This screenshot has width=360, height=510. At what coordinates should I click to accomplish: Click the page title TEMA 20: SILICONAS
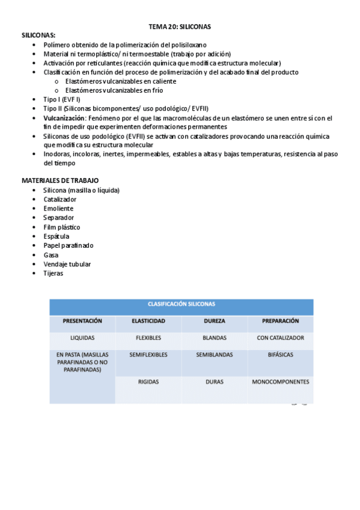(x=180, y=27)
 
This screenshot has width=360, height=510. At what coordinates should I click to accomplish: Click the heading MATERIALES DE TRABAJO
(x=60, y=180)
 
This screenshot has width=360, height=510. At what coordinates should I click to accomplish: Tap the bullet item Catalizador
(x=59, y=199)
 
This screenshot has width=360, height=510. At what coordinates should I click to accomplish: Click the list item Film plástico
(x=61, y=227)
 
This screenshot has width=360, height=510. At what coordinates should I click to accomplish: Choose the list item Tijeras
(x=53, y=273)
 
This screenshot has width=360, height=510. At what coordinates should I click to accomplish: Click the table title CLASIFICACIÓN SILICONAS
(x=181, y=304)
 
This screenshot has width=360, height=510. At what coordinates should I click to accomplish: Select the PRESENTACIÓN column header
(x=82, y=321)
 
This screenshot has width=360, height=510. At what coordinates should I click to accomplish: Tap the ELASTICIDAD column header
(x=148, y=321)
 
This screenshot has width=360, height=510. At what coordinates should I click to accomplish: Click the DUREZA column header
(x=214, y=321)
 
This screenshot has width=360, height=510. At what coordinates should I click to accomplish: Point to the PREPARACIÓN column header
(x=280, y=321)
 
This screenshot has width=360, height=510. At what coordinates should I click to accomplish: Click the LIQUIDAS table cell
(x=82, y=338)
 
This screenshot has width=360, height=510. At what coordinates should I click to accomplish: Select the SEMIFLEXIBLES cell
(x=148, y=355)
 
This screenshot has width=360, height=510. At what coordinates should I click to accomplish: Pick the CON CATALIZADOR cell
(x=280, y=338)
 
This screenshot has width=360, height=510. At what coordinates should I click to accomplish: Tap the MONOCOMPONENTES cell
(x=280, y=382)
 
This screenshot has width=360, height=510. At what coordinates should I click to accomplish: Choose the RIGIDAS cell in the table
(x=148, y=382)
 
